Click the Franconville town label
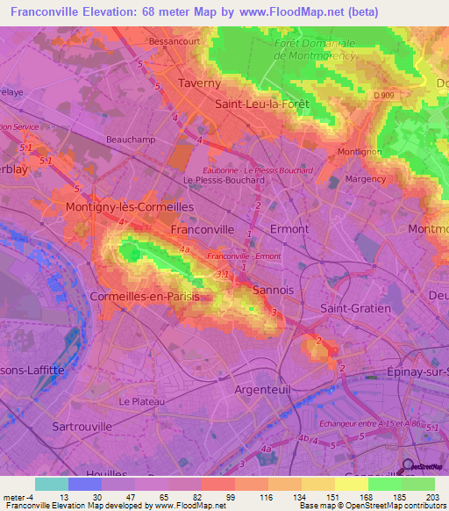point(202,228)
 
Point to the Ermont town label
point(289,228)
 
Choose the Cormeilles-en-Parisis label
point(145,297)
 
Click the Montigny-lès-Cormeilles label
point(130,206)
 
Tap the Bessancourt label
point(175,40)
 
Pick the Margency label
point(366,178)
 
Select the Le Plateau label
point(141,401)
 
